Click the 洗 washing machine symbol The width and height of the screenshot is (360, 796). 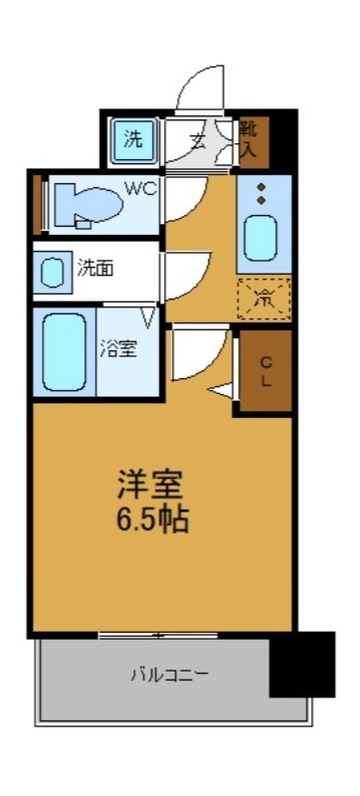pyautogui.click(x=133, y=139)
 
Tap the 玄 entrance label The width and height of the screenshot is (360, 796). pyautogui.click(x=199, y=140)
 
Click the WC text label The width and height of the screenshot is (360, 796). pyautogui.click(x=138, y=186)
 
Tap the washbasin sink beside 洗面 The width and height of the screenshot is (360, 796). pyautogui.click(x=50, y=272)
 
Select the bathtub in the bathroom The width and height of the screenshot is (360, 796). pyautogui.click(x=64, y=351)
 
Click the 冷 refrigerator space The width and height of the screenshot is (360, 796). pyautogui.click(x=264, y=298)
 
